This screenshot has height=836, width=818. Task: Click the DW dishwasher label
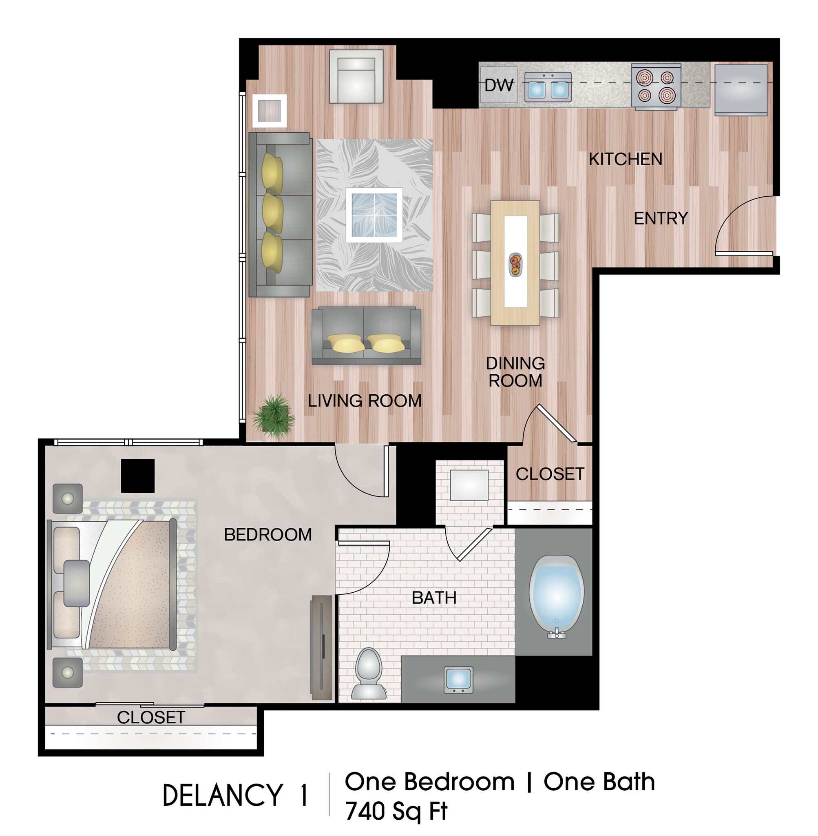498,85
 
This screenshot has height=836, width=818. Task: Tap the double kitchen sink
548,87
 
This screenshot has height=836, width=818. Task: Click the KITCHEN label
625,160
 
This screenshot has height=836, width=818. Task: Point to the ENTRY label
661,218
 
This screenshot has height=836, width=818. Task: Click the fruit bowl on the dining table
515,264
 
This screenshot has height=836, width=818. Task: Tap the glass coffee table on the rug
374,215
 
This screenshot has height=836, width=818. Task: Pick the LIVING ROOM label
365,401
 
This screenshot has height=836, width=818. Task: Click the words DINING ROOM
515,372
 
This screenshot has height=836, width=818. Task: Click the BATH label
434,598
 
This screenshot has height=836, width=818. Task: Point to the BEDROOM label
268,534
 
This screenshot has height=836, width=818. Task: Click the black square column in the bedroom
137,476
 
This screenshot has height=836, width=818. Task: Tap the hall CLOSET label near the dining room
550,474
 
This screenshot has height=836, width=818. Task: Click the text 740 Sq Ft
396,811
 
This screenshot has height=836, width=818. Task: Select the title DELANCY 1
235,795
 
